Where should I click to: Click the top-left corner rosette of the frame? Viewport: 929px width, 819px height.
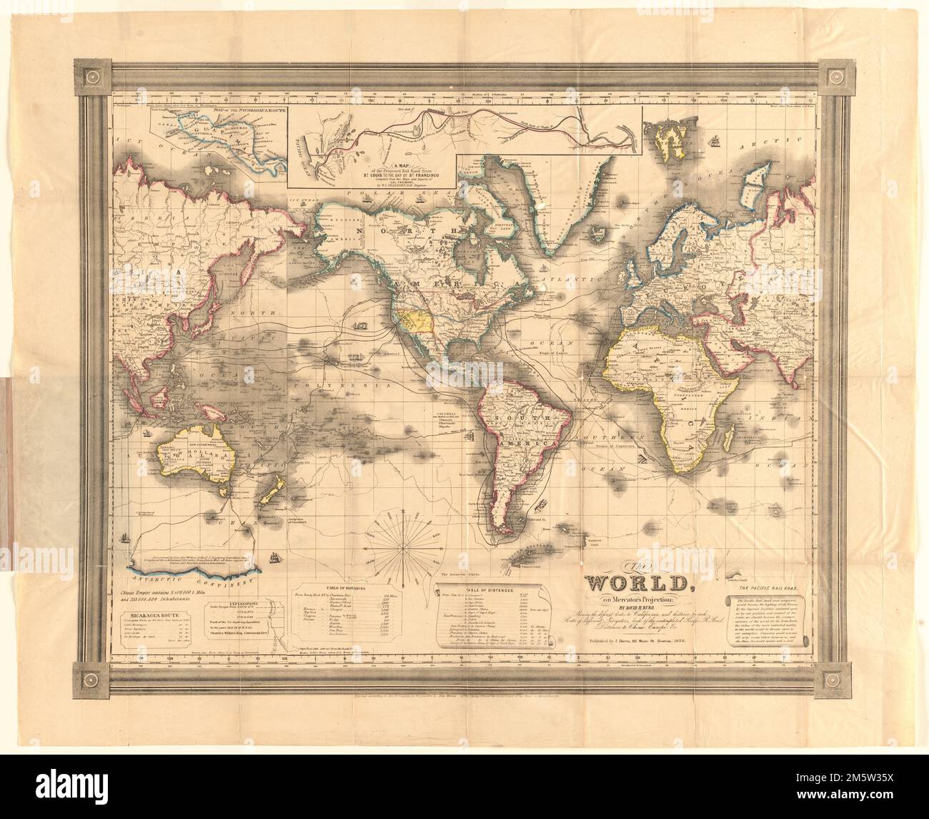pyautogui.click(x=94, y=75)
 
